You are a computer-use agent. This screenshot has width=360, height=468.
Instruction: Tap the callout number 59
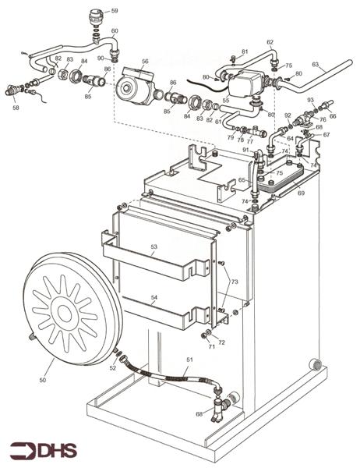point(114,11)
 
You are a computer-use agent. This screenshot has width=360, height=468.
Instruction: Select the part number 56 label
point(145,61)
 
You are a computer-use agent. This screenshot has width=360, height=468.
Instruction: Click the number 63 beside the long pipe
point(316,65)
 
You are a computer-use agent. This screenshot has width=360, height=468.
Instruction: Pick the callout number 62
point(270,42)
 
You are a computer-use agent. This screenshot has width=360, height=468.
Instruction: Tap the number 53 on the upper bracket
point(154,246)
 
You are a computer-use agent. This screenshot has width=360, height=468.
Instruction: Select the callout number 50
point(43,380)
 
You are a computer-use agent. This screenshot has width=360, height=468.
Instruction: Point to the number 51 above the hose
point(189,360)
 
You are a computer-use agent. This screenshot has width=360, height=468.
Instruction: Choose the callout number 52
point(113,368)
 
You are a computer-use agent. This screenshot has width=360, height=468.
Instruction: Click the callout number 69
point(301,192)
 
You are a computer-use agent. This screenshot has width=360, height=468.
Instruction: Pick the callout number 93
point(310,101)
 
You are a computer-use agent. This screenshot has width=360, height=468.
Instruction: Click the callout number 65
point(242,181)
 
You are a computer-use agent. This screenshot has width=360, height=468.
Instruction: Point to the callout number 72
point(221,342)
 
